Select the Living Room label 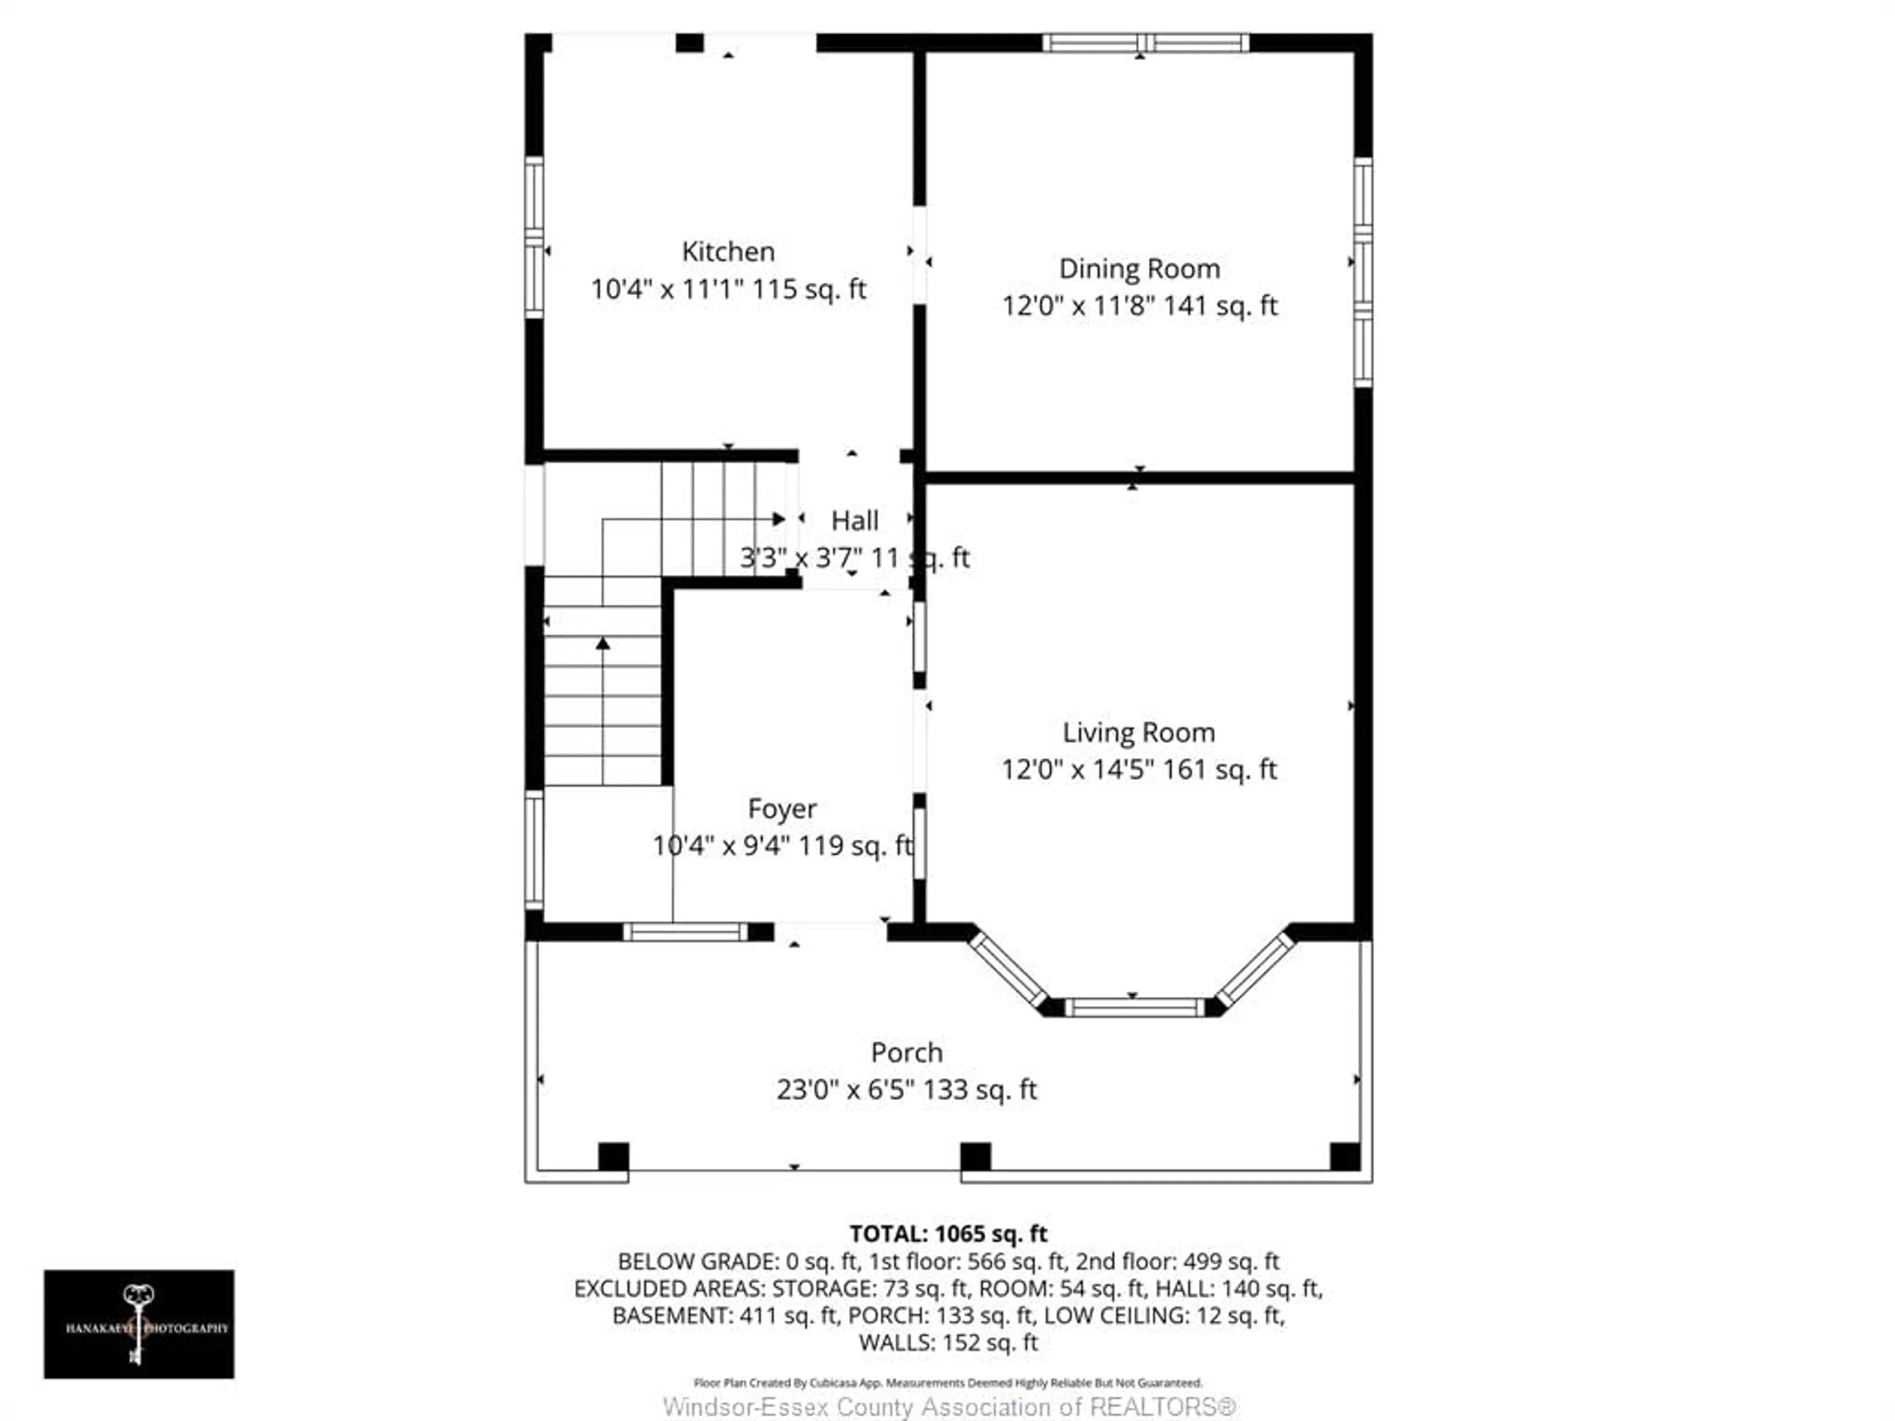pyautogui.click(x=1138, y=732)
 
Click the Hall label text pyautogui.click(x=854, y=521)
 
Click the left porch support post pyautogui.click(x=613, y=1157)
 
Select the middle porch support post pyautogui.click(x=975, y=1157)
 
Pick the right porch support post pyautogui.click(x=1344, y=1157)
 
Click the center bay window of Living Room pyautogui.click(x=1134, y=1008)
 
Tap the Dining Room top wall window pyautogui.click(x=1145, y=43)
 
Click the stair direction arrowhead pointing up pyautogui.click(x=603, y=642)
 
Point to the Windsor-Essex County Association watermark pyautogui.click(x=949, y=1406)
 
